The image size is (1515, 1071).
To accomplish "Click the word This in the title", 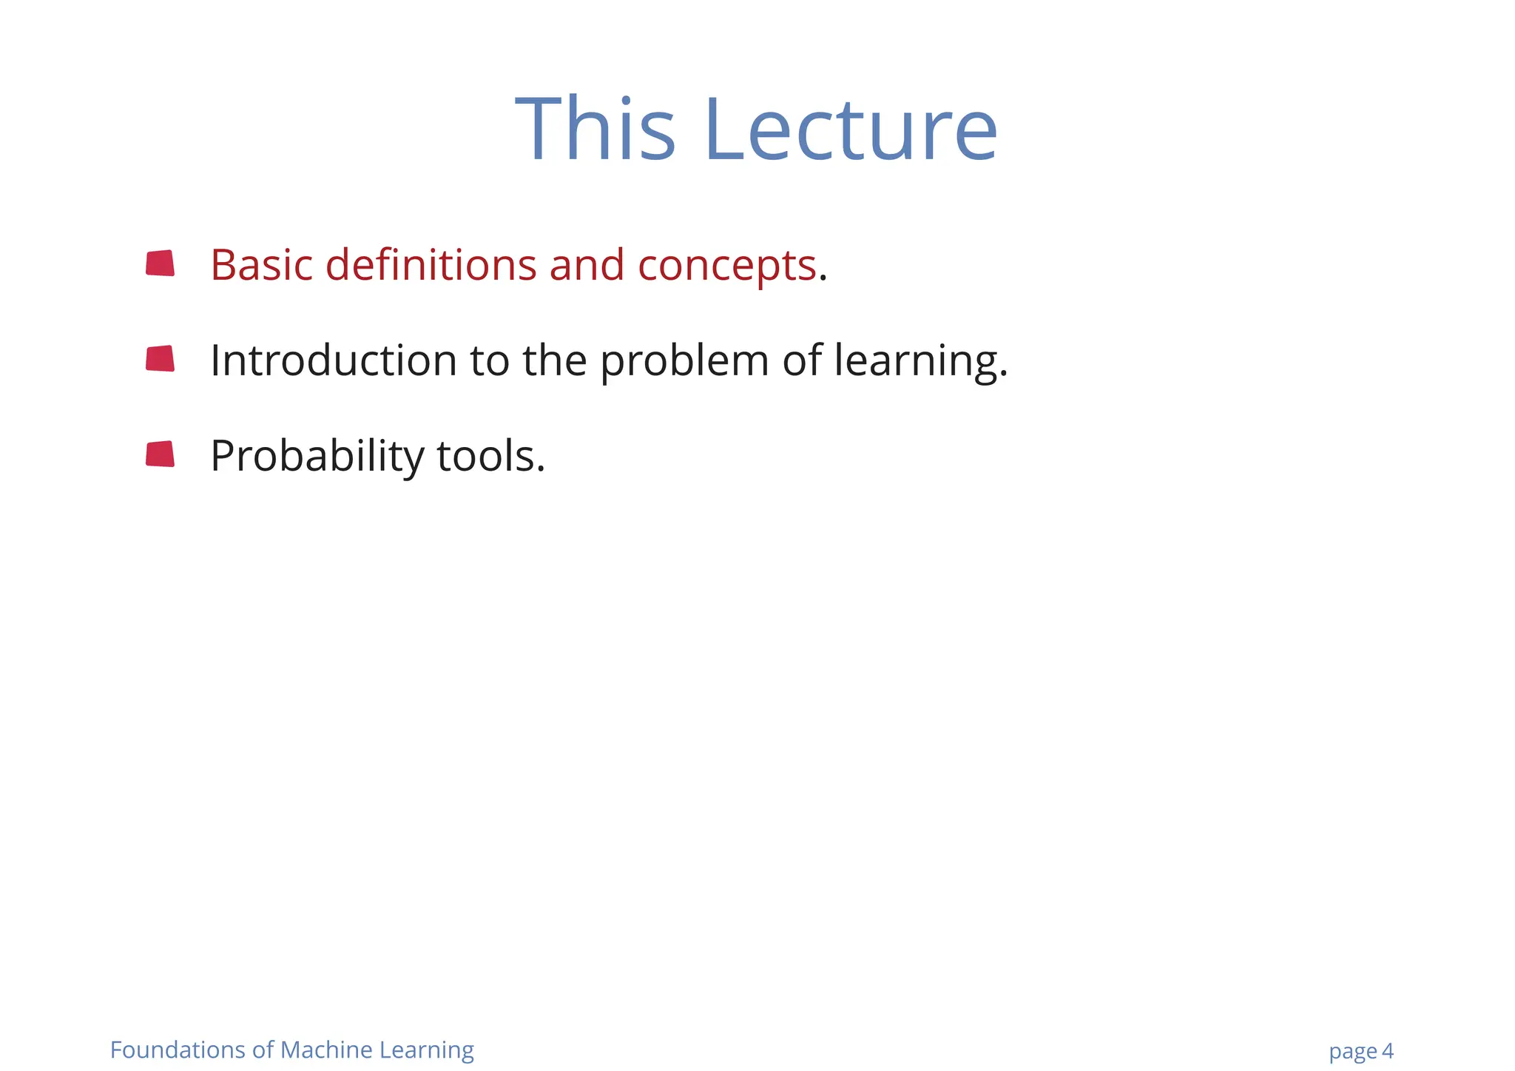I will click(x=595, y=130).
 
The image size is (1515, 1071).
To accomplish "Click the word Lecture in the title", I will click(x=851, y=130).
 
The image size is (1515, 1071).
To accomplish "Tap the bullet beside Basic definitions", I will click(x=161, y=263).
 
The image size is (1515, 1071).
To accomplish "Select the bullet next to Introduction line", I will click(x=161, y=359).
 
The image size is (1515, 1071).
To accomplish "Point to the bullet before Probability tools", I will click(x=161, y=454).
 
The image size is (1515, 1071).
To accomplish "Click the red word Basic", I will click(x=261, y=265).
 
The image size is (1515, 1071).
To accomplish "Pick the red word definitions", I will click(x=431, y=265).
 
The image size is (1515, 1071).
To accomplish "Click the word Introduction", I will click(x=334, y=360).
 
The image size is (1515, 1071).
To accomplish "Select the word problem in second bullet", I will click(x=684, y=362).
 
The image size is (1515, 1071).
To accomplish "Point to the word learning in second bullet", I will click(x=920, y=362).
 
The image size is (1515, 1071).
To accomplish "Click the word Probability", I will click(x=317, y=457).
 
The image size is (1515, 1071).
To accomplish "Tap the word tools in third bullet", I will click(x=490, y=456).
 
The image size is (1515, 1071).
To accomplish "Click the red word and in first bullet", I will click(x=587, y=265).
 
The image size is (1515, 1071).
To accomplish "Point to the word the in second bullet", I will click(x=554, y=360).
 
